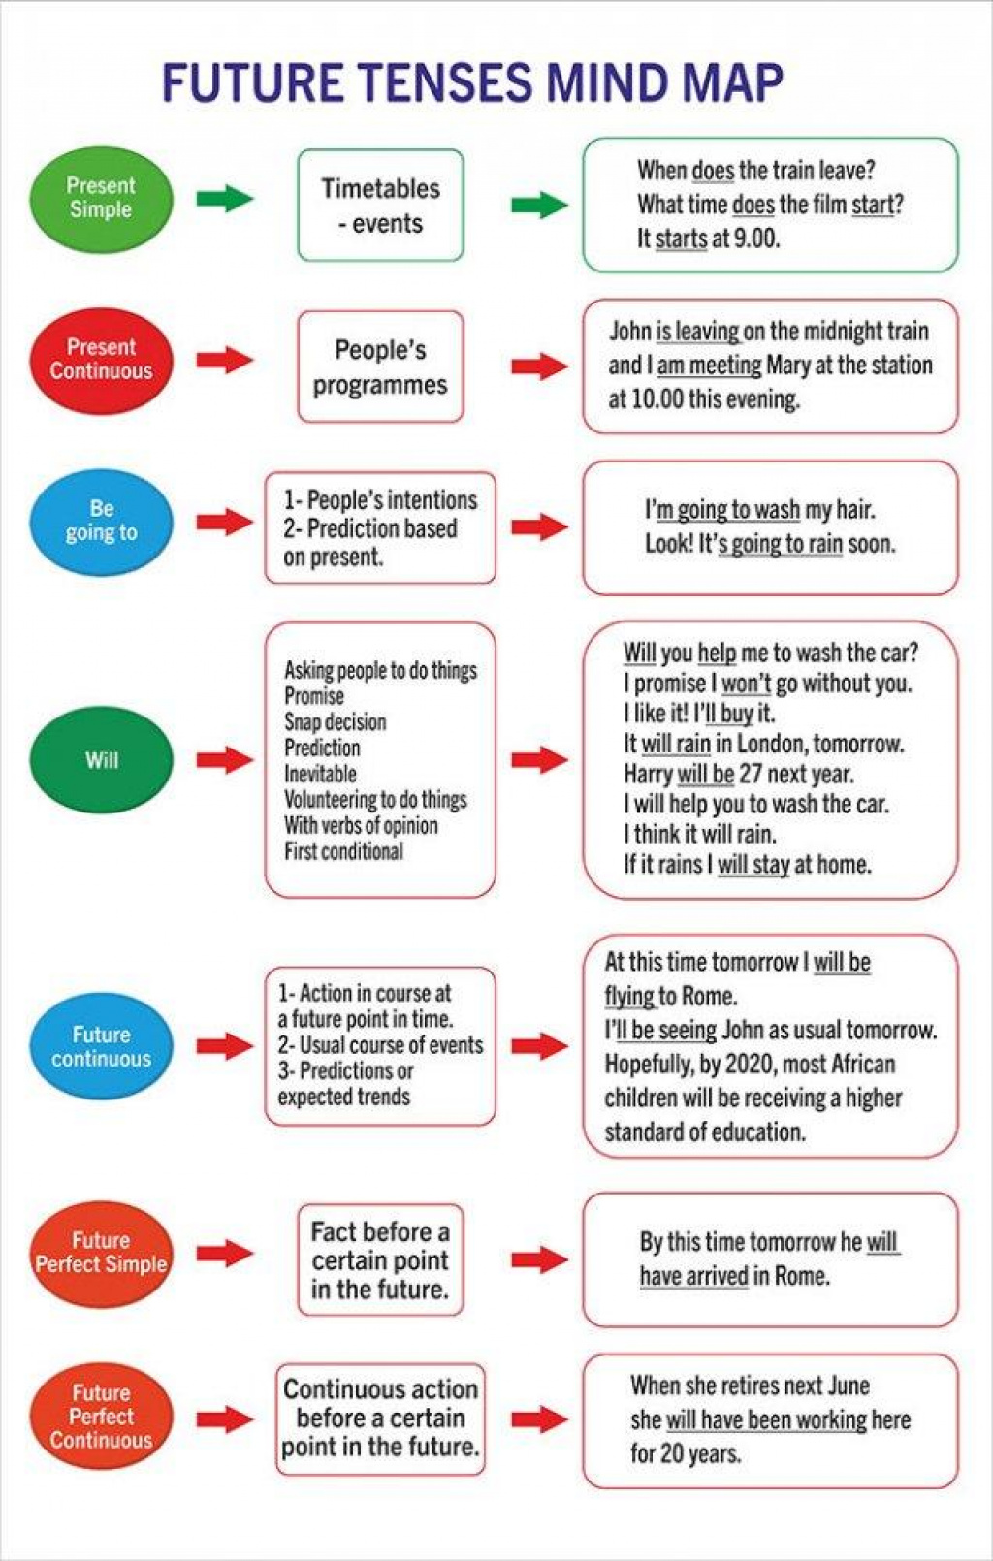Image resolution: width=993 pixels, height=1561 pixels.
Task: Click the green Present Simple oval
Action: (101, 199)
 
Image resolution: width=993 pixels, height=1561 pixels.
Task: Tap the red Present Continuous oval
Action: (101, 361)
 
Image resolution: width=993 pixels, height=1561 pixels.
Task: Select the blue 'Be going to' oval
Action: (101, 522)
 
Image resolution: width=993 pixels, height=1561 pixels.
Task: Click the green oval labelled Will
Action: (101, 759)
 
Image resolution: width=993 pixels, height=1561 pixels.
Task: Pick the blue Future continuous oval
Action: (101, 1045)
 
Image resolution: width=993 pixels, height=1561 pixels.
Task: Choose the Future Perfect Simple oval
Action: (101, 1253)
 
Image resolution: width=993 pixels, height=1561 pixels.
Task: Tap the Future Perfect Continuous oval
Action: (101, 1416)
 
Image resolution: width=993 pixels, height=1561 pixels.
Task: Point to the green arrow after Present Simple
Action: (224, 199)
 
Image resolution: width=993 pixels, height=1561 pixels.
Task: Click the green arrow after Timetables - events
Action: (539, 205)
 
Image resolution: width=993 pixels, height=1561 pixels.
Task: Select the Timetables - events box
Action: (380, 206)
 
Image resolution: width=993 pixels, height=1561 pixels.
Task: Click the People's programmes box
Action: (380, 366)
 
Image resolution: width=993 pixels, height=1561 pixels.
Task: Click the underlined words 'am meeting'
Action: (710, 366)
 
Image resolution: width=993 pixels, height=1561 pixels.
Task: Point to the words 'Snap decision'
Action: (335, 722)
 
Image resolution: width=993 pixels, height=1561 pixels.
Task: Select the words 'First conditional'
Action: (343, 851)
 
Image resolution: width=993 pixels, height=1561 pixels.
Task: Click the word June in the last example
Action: (849, 1385)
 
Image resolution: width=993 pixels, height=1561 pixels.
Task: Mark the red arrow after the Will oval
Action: (224, 759)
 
